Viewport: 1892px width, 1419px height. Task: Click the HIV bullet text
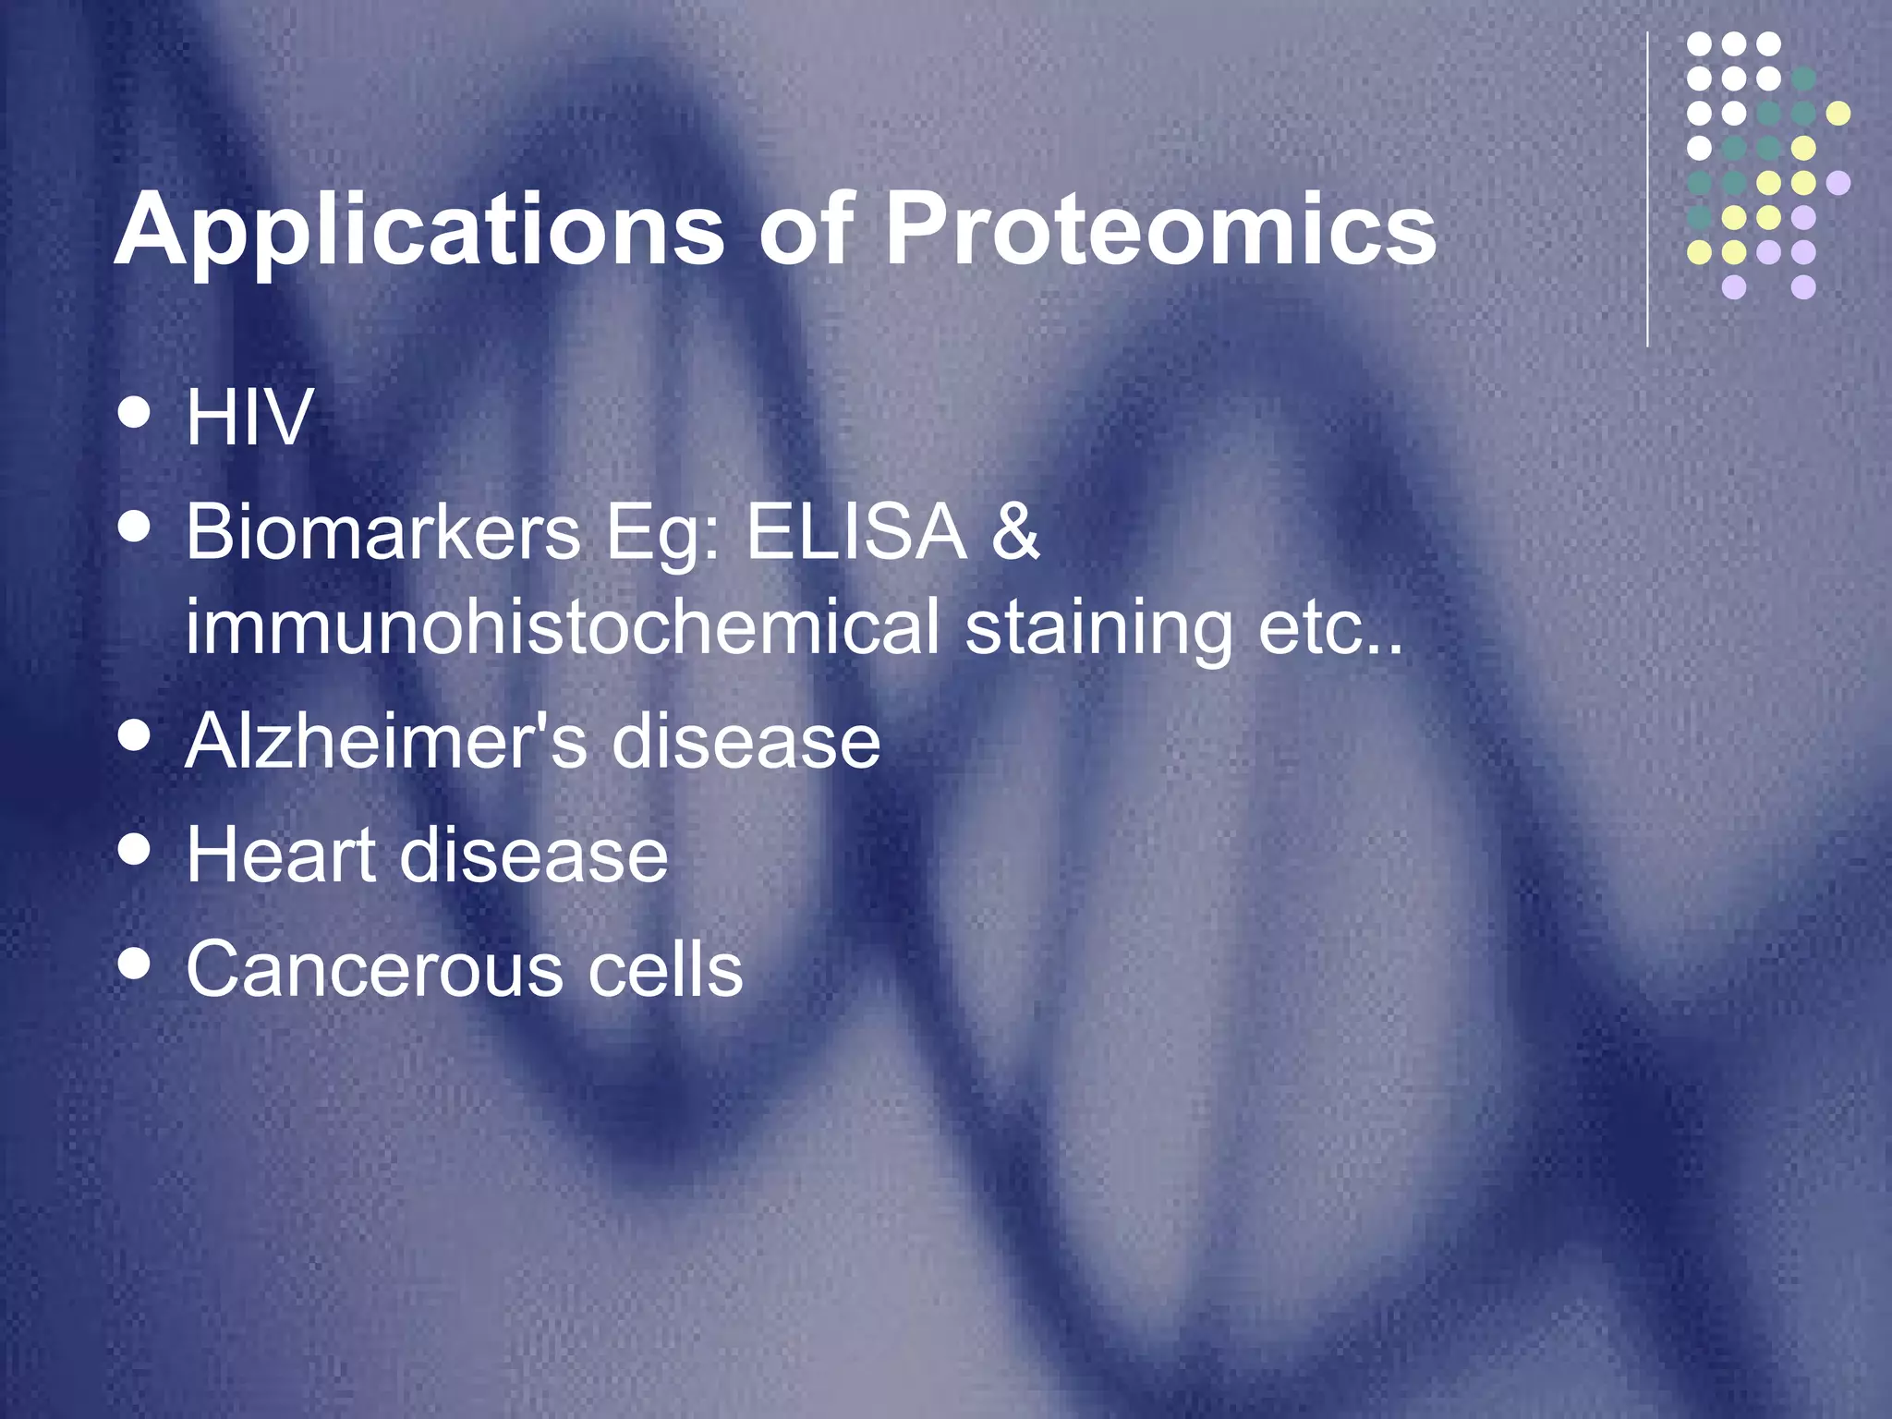pyautogui.click(x=249, y=418)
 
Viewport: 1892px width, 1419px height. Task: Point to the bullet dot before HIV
pyautogui.click(x=135, y=413)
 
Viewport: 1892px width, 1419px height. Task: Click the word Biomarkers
pyautogui.click(x=382, y=533)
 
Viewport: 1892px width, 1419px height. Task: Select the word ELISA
pyautogui.click(x=855, y=533)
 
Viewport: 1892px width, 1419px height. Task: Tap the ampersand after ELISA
pyautogui.click(x=1015, y=533)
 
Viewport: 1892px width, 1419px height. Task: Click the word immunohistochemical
pyautogui.click(x=562, y=627)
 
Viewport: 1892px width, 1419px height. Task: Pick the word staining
pyautogui.click(x=1098, y=627)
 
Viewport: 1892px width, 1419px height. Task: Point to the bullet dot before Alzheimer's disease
pyautogui.click(x=135, y=736)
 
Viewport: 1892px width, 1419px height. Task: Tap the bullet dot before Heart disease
pyautogui.click(x=135, y=850)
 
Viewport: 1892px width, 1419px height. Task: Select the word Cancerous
pyautogui.click(x=373, y=970)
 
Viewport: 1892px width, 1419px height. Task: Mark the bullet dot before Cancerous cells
pyautogui.click(x=135, y=964)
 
